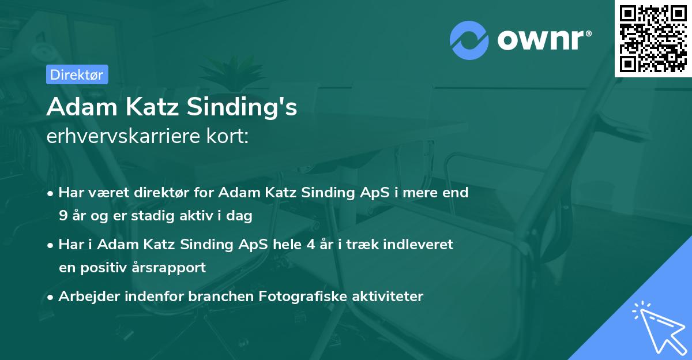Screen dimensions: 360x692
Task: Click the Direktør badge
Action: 77,74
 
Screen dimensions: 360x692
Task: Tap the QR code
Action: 653,38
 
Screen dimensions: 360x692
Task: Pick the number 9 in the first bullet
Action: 62,216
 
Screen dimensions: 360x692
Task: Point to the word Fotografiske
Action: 296,297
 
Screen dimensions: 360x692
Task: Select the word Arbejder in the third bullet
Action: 84,297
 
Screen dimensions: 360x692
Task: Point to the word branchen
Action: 222,297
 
